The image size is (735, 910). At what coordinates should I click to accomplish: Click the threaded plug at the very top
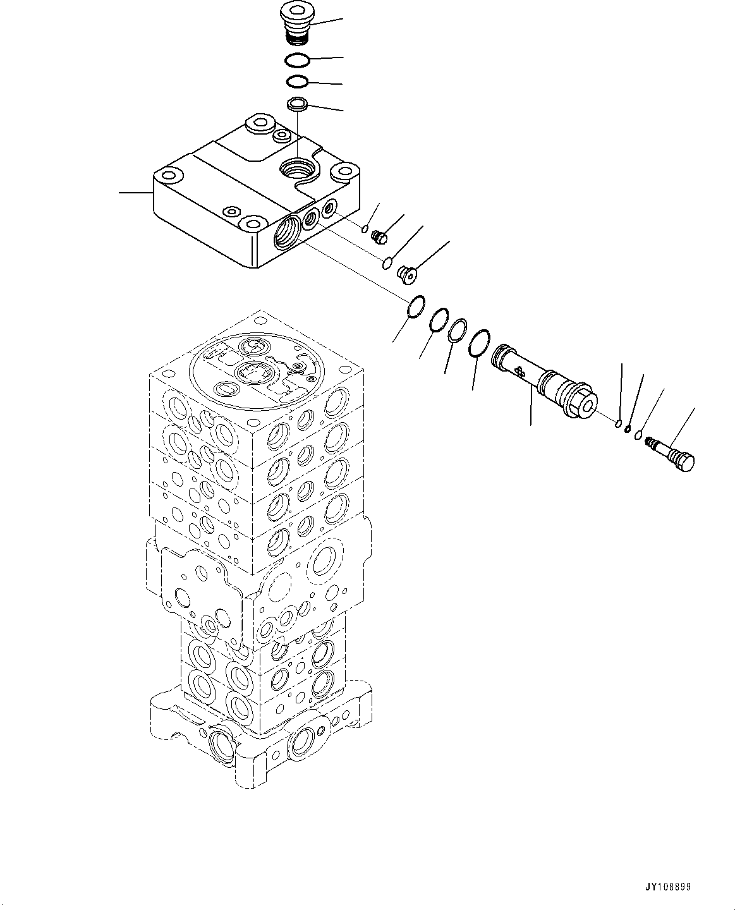coord(295,25)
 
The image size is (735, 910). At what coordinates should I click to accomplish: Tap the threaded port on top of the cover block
coord(296,169)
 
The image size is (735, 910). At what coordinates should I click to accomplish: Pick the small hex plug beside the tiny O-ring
coord(379,237)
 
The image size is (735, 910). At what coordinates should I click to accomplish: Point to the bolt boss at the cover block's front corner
coord(252,222)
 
